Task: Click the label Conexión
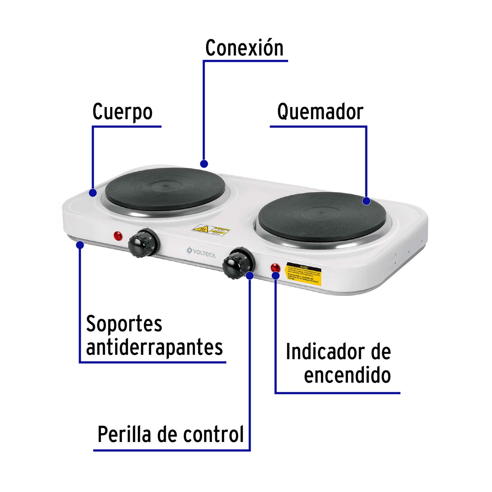point(244,48)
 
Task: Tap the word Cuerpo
point(122,112)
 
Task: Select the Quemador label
point(320,112)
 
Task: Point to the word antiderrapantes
point(154,347)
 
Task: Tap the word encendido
point(347,375)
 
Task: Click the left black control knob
point(143,243)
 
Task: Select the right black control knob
point(238,263)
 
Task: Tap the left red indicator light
point(118,236)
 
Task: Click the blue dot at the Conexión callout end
point(204,164)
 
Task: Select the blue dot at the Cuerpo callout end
point(93,193)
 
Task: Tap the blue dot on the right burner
point(366,201)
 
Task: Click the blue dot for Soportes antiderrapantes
point(80,245)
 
